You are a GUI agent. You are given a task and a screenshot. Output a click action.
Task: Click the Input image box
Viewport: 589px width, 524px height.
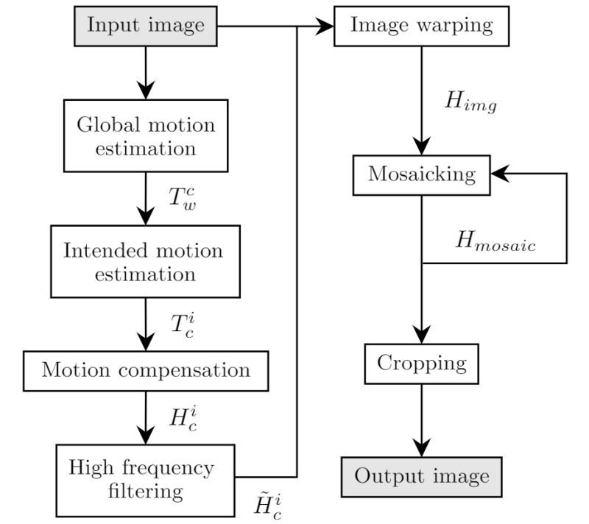pyautogui.click(x=146, y=26)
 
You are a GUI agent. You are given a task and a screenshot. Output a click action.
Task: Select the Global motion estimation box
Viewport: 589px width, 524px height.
pyautogui.click(x=147, y=136)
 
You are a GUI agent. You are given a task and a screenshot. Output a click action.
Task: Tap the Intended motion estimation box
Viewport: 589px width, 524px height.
pyautogui.click(x=143, y=262)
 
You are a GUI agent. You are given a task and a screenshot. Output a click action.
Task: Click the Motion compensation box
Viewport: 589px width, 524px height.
pyautogui.click(x=146, y=370)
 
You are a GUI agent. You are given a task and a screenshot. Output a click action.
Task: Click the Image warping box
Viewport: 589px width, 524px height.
pyautogui.click(x=420, y=26)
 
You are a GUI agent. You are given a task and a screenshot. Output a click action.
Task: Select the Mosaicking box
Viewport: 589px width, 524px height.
pyautogui.click(x=422, y=174)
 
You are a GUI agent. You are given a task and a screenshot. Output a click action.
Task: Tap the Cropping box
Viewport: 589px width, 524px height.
pyautogui.click(x=422, y=363)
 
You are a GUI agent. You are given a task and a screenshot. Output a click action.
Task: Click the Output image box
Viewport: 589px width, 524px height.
pyautogui.click(x=422, y=476)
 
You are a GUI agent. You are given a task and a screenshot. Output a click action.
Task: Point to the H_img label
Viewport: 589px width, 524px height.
pyautogui.click(x=470, y=102)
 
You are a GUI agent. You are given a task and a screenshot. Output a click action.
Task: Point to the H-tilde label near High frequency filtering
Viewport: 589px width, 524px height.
pyautogui.click(x=266, y=508)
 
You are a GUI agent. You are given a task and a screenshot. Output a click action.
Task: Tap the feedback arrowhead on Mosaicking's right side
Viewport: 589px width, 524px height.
pyautogui.click(x=501, y=174)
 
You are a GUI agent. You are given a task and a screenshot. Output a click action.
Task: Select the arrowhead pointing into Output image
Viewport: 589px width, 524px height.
pyautogui.click(x=422, y=447)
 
